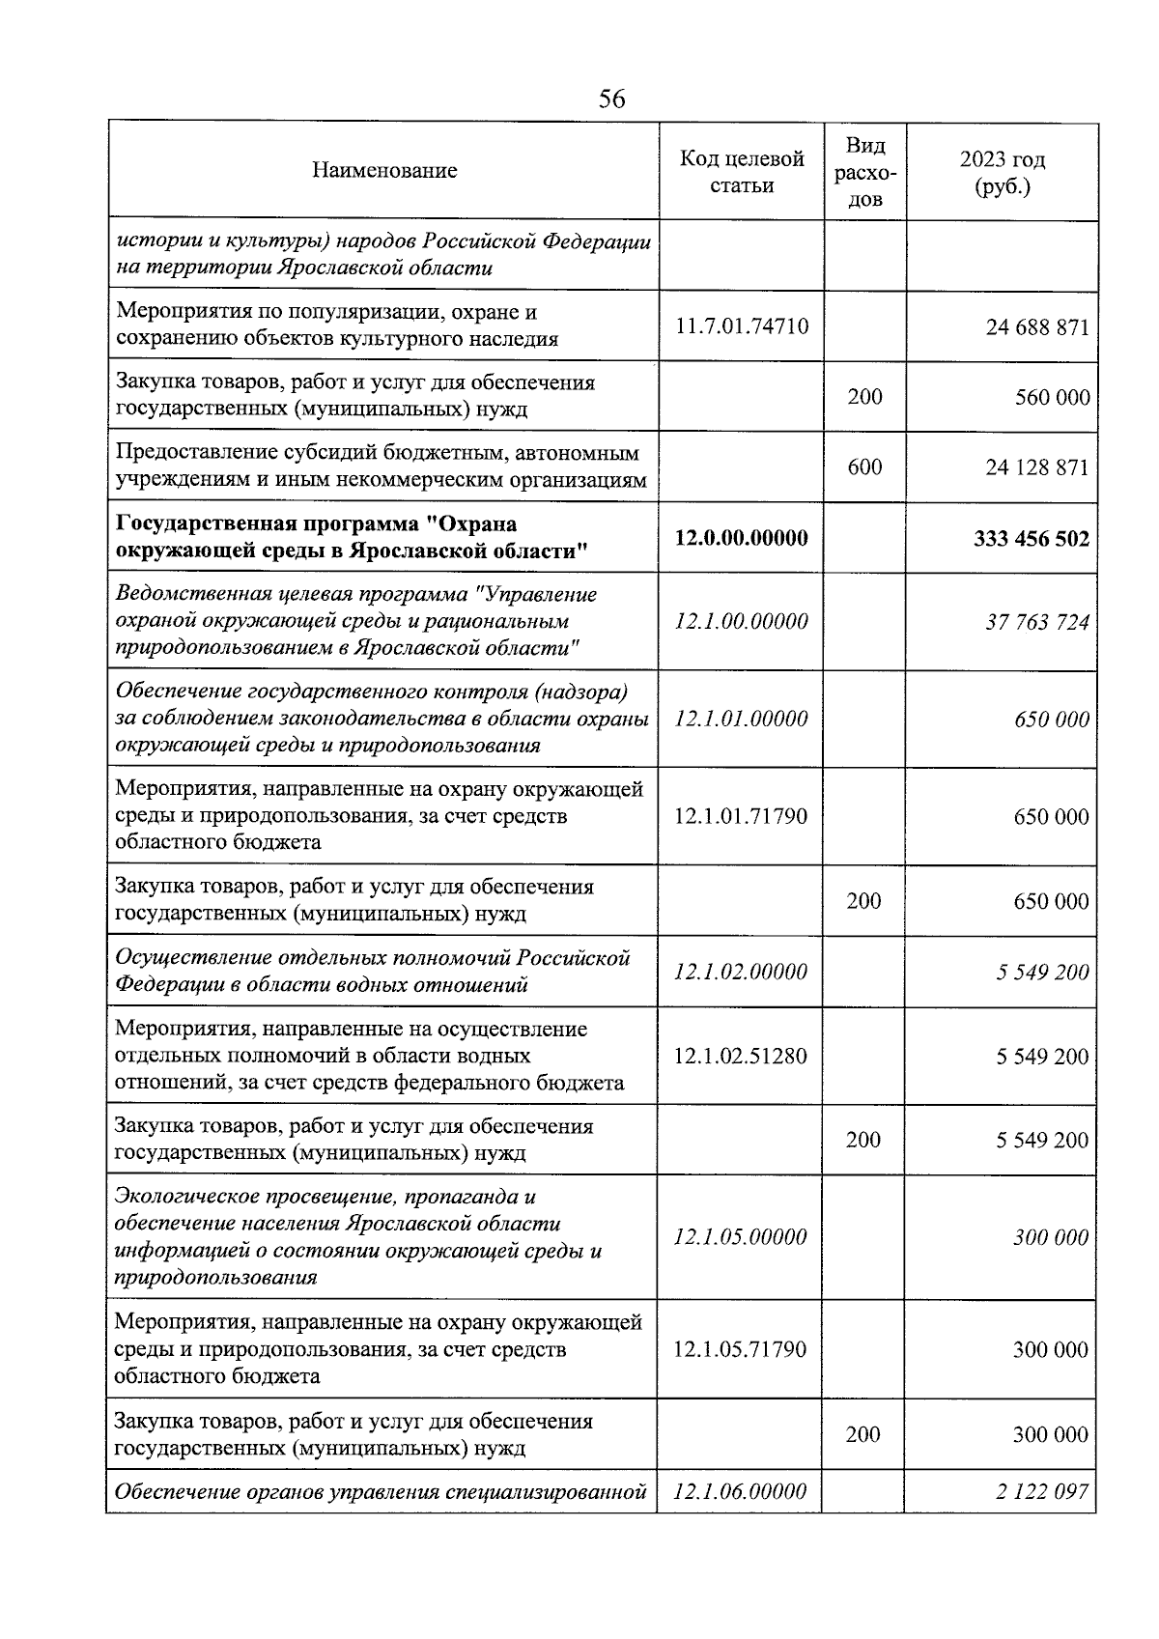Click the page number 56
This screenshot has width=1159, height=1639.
point(611,99)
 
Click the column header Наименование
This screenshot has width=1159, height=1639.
point(384,171)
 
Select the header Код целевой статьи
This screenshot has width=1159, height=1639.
point(742,171)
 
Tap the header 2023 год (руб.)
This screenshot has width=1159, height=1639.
point(1003,172)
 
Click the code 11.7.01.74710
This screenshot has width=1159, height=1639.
point(742,326)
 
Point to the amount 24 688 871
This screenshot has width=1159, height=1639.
point(1036,327)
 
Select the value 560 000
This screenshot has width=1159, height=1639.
point(1052,397)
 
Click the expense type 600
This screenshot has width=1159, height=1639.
point(864,467)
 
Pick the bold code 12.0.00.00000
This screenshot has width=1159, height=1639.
point(742,538)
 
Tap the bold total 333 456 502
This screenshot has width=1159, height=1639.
point(1031,538)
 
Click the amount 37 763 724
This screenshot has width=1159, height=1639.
point(1036,622)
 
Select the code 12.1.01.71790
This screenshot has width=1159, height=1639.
point(741,816)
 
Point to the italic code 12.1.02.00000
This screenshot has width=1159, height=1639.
point(741,972)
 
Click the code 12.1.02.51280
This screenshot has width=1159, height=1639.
point(741,1056)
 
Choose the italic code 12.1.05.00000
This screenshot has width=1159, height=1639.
point(741,1237)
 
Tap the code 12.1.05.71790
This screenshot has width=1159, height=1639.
point(741,1349)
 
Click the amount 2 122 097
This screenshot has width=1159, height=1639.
point(1042,1491)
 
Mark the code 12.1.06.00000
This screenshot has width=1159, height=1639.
point(741,1491)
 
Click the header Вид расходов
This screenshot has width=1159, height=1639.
point(864,172)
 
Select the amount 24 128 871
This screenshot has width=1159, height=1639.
point(1036,467)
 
